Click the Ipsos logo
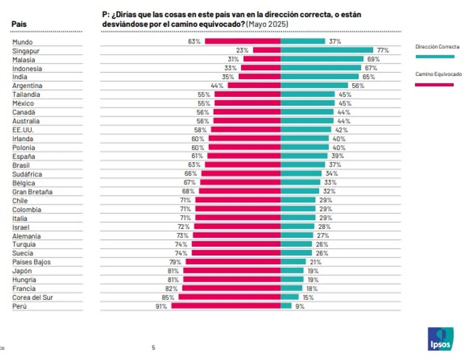click(x=440, y=339)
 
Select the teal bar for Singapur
click(x=327, y=50)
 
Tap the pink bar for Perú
click(x=226, y=306)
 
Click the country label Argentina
click(x=27, y=86)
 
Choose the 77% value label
click(x=382, y=50)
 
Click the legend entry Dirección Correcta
click(x=437, y=46)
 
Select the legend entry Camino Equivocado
click(x=438, y=74)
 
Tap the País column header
click(x=19, y=24)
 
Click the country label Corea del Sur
click(x=32, y=297)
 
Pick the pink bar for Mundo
click(x=242, y=41)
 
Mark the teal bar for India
click(x=320, y=77)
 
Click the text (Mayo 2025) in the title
click(x=268, y=24)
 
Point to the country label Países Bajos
click(x=31, y=262)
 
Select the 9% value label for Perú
click(x=299, y=306)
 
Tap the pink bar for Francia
click(x=231, y=288)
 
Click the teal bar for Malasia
click(x=322, y=59)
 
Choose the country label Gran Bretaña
click(x=32, y=191)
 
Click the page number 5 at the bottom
click(x=153, y=347)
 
